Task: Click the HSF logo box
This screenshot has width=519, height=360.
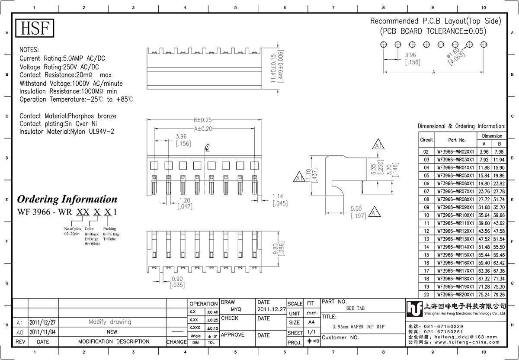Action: tap(35, 28)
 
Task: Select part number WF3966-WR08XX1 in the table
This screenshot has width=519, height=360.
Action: tap(455, 199)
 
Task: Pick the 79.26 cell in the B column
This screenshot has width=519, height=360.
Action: tap(499, 295)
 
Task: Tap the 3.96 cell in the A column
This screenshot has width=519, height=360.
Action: tap(484, 152)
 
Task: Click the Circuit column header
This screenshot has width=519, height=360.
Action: tap(426, 140)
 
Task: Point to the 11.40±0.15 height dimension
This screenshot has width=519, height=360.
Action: tap(273, 68)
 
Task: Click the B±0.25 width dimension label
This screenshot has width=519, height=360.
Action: tap(203, 120)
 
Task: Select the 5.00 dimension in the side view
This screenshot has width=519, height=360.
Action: tap(356, 209)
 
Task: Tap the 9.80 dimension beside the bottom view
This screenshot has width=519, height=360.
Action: tap(276, 249)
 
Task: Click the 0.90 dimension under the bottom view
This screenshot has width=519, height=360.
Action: tap(177, 279)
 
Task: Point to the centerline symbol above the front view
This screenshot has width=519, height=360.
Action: tap(207, 148)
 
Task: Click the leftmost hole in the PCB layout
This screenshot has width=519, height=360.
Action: tap(384, 45)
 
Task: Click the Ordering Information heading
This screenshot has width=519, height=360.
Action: tap(67, 199)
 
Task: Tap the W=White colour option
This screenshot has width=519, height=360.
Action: tap(92, 244)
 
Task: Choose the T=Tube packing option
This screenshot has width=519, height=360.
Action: tap(109, 239)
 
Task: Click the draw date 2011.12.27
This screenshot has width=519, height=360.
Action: tap(272, 309)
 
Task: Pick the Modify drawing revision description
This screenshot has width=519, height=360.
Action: tap(110, 322)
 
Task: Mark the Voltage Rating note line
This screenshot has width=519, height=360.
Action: tap(59, 67)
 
